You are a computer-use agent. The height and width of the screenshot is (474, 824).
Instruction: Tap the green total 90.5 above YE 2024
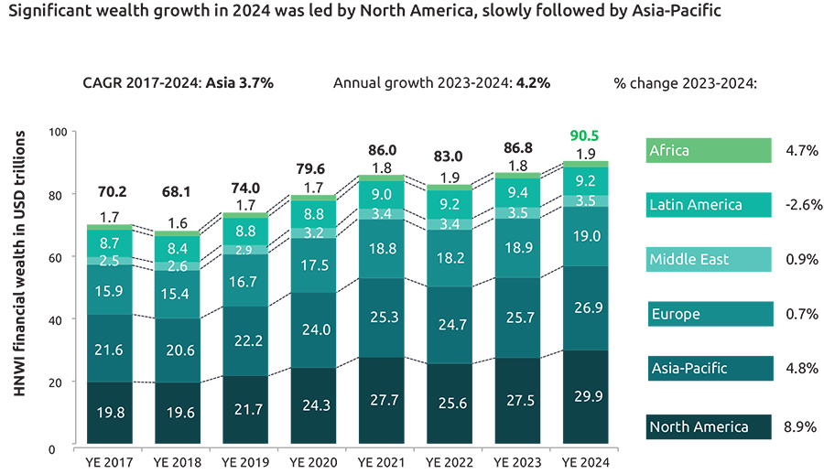(x=586, y=136)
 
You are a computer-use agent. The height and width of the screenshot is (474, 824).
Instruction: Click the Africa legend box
(x=709, y=150)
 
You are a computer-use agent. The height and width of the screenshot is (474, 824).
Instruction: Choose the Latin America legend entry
(x=709, y=205)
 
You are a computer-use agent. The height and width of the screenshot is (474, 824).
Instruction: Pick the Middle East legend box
(x=709, y=259)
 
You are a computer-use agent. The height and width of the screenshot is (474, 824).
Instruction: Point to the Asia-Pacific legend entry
(x=709, y=369)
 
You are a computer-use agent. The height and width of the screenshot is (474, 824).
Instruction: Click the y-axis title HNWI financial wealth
(x=19, y=289)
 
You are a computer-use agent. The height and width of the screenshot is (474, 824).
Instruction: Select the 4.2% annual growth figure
(x=533, y=82)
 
